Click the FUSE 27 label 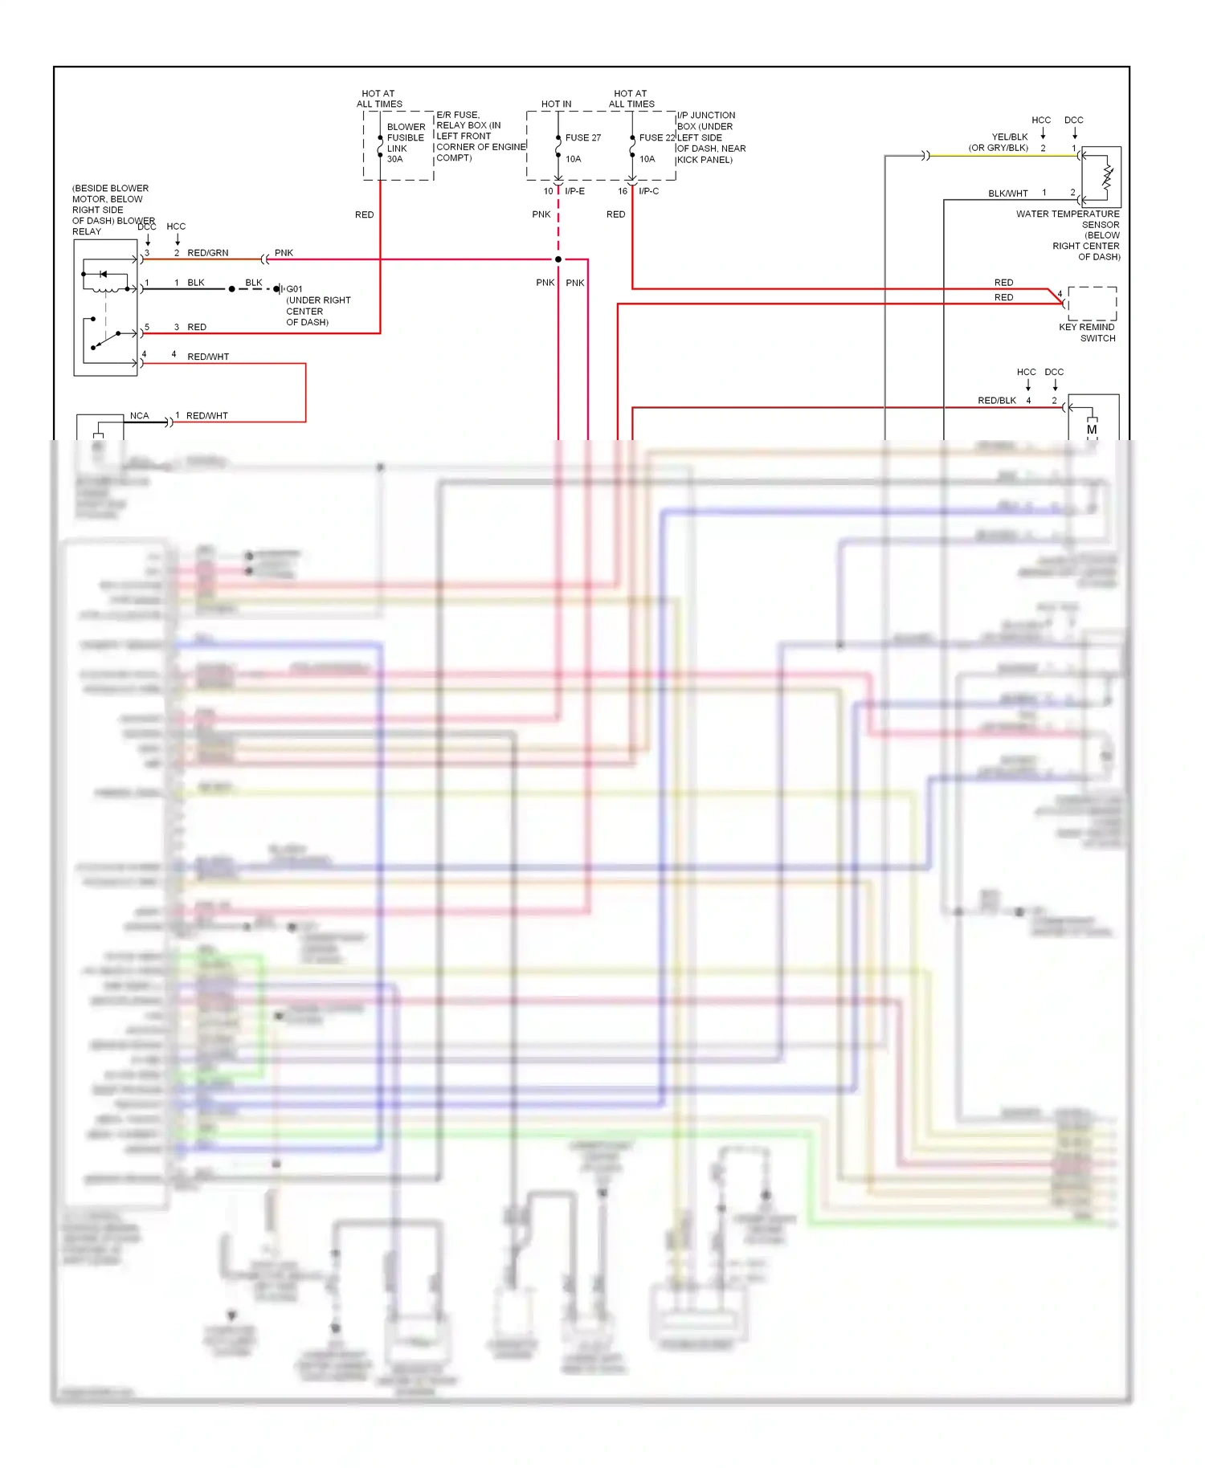click(x=582, y=137)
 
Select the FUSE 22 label click(x=657, y=137)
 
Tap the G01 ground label click(x=295, y=289)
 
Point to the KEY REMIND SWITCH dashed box click(x=1092, y=304)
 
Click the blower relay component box click(x=105, y=308)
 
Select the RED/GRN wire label click(x=207, y=253)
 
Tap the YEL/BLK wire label click(x=1009, y=137)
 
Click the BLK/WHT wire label click(x=1007, y=194)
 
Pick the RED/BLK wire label click(x=996, y=400)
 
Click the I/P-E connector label click(x=574, y=191)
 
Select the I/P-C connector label click(x=648, y=191)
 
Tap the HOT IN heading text click(x=556, y=104)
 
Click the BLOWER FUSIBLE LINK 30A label click(x=406, y=143)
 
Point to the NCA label click(x=139, y=416)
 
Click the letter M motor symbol click(x=1092, y=430)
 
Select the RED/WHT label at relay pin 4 click(x=208, y=357)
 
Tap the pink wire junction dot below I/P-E click(x=558, y=259)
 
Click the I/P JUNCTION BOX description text click(x=710, y=137)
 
